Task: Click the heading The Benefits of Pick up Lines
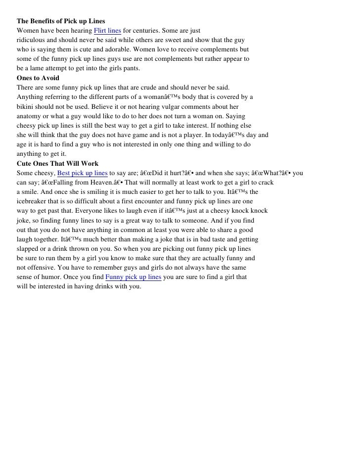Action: pyautogui.click(x=61, y=22)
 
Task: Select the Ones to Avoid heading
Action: pyautogui.click(x=38, y=78)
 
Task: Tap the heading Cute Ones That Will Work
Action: pyautogui.click(x=57, y=163)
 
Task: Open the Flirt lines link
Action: pyautogui.click(x=107, y=31)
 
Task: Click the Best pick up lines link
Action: pyautogui.click(x=82, y=173)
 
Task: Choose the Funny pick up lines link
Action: pyautogui.click(x=134, y=277)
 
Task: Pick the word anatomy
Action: pyautogui.click(x=30, y=116)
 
